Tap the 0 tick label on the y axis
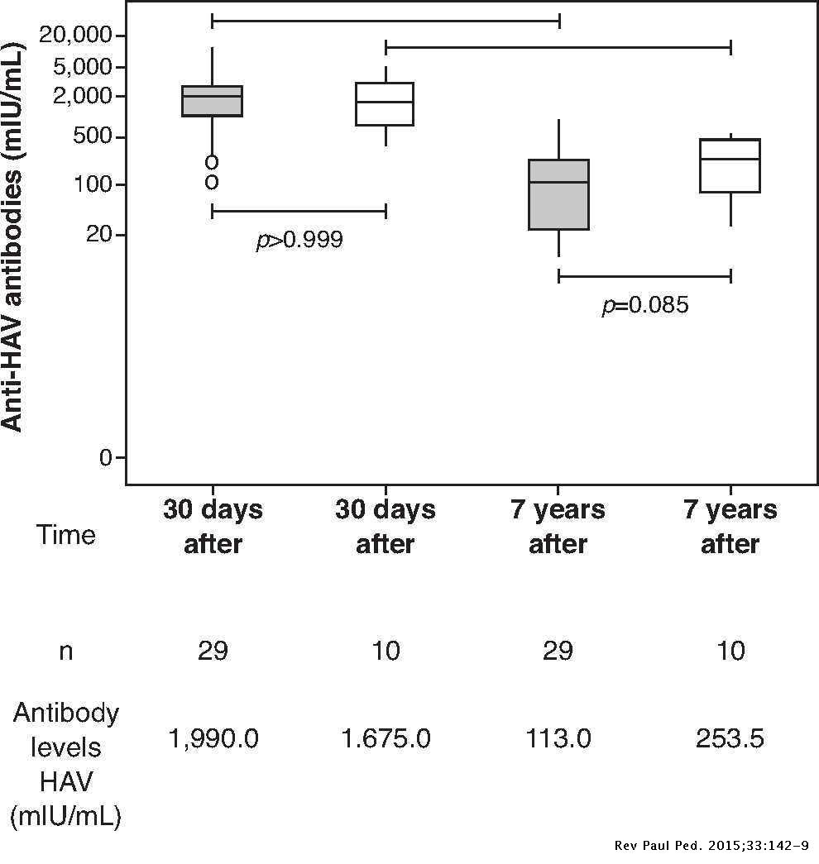(x=105, y=457)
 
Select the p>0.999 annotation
(x=299, y=241)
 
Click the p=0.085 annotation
(x=644, y=305)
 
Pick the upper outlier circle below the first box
(x=212, y=161)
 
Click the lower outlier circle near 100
(x=212, y=181)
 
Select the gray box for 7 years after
(x=558, y=194)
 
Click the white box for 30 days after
(x=385, y=103)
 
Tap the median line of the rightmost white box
(x=730, y=159)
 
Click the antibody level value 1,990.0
(x=213, y=738)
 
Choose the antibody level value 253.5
(x=730, y=738)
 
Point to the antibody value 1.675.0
(x=386, y=738)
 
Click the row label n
(x=65, y=651)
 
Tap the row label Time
(x=65, y=535)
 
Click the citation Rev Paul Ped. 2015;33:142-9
(x=712, y=845)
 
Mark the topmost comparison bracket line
(x=386, y=19)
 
